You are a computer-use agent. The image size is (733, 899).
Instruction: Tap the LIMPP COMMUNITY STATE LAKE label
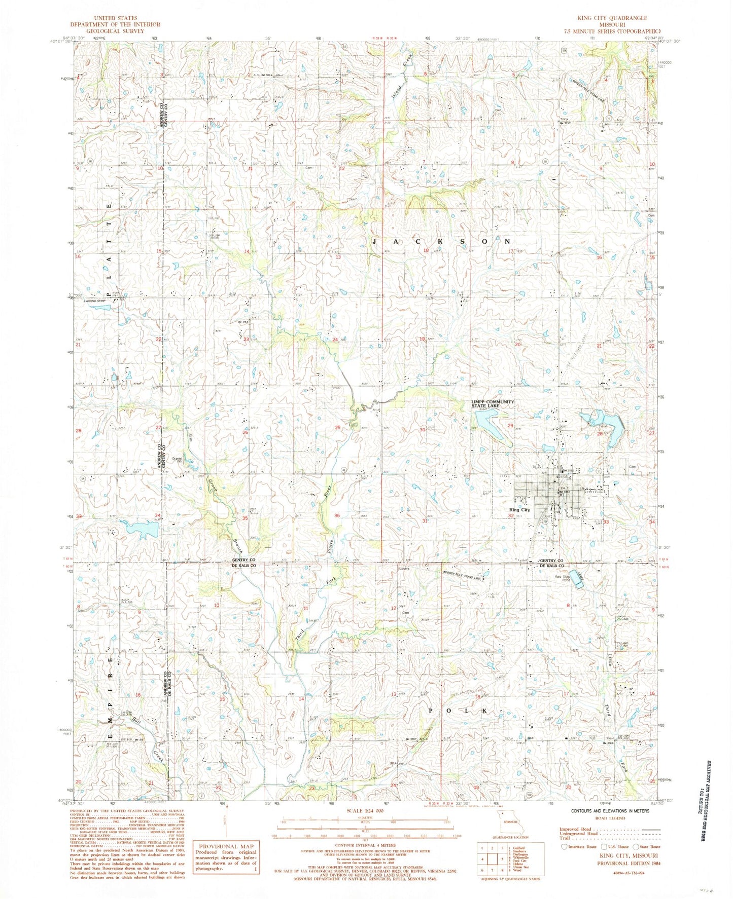coord(493,403)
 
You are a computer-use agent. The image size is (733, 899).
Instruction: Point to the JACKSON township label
coord(441,242)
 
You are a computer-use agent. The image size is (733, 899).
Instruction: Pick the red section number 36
coord(337,515)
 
